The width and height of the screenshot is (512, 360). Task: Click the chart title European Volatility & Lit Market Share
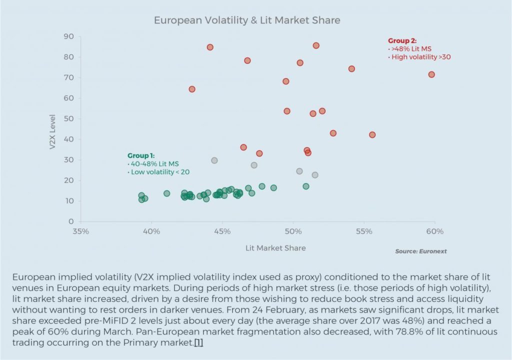point(247,20)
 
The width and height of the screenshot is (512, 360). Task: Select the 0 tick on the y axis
point(71,221)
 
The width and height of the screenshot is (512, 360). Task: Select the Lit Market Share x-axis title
point(275,248)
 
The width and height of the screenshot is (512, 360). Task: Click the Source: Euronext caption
point(421,251)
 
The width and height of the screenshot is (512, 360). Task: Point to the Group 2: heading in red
point(402,41)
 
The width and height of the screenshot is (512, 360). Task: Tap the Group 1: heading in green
point(141,155)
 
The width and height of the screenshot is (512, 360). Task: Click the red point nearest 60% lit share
point(431,74)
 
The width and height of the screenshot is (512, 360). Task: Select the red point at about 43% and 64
point(192,89)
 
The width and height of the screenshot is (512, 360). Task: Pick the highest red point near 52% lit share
point(316,45)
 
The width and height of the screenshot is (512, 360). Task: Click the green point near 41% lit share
point(167,193)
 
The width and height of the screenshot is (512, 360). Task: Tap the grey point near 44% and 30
point(214,160)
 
